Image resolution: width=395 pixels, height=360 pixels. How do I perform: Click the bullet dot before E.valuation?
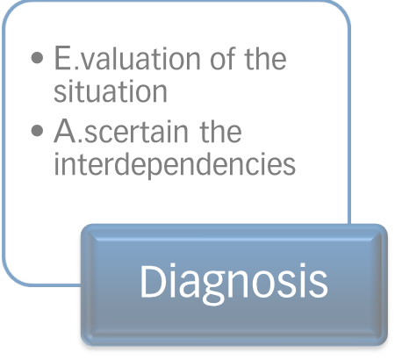37,58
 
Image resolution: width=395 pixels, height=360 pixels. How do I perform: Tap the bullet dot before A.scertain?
37,131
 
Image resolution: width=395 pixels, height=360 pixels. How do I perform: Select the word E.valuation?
127,58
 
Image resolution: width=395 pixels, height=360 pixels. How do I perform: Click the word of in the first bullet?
223,58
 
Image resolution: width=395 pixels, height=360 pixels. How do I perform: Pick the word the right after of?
265,58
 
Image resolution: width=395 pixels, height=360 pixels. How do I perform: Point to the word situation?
111,90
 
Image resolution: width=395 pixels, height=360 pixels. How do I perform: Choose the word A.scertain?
121,131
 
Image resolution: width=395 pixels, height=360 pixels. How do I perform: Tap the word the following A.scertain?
220,131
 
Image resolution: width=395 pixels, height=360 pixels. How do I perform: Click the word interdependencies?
175,164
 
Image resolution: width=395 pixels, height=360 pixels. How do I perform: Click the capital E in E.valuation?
63,58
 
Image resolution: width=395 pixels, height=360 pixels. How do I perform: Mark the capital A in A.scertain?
65,131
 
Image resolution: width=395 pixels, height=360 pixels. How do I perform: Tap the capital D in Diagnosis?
153,281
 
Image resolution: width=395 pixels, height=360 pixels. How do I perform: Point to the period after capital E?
76,68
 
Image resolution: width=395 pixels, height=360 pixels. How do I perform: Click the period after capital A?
81,140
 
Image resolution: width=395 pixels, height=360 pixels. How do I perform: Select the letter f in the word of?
231,58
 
